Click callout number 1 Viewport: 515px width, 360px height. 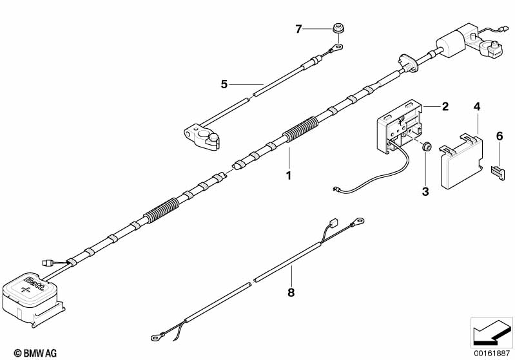tap(289, 175)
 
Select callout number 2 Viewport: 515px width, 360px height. tap(444, 106)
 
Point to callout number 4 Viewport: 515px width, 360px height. tap(476, 106)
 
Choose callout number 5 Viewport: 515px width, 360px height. tap(224, 84)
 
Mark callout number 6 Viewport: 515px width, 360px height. tap(499, 135)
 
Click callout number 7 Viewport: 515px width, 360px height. tap(298, 29)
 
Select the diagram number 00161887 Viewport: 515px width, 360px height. tap(492, 352)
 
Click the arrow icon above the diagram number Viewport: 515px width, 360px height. tap(492, 332)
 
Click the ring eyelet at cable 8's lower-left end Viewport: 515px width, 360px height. tap(155, 335)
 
